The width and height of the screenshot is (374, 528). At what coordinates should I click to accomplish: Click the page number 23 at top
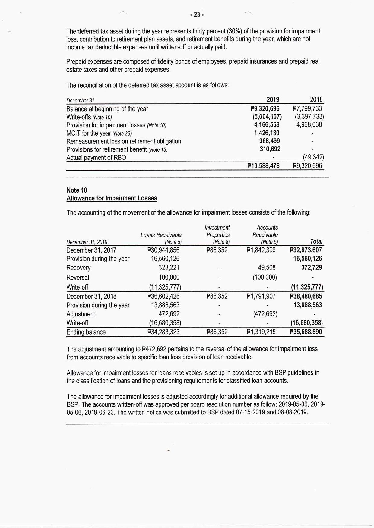click(197, 14)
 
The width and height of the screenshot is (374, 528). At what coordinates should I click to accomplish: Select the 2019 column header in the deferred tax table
click(273, 100)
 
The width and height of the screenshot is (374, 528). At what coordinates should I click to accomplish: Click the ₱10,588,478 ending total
click(263, 166)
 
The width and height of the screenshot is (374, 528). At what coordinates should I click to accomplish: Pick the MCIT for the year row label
click(99, 133)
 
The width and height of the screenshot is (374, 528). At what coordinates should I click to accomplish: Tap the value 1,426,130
click(267, 133)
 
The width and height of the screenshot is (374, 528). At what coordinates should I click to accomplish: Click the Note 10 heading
click(77, 190)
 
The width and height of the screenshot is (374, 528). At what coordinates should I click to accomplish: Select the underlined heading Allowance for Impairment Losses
click(112, 198)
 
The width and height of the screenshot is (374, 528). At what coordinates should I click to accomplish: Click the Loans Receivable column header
click(161, 235)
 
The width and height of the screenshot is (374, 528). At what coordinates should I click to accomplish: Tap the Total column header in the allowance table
click(316, 241)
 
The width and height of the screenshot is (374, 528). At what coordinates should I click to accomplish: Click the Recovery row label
click(78, 268)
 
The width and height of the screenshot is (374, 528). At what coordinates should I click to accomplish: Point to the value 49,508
click(267, 268)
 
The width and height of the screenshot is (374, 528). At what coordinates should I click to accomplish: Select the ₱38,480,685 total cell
click(306, 296)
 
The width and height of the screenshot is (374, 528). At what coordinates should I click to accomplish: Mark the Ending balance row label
click(86, 332)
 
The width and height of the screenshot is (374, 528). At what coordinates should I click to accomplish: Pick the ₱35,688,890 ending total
click(306, 332)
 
